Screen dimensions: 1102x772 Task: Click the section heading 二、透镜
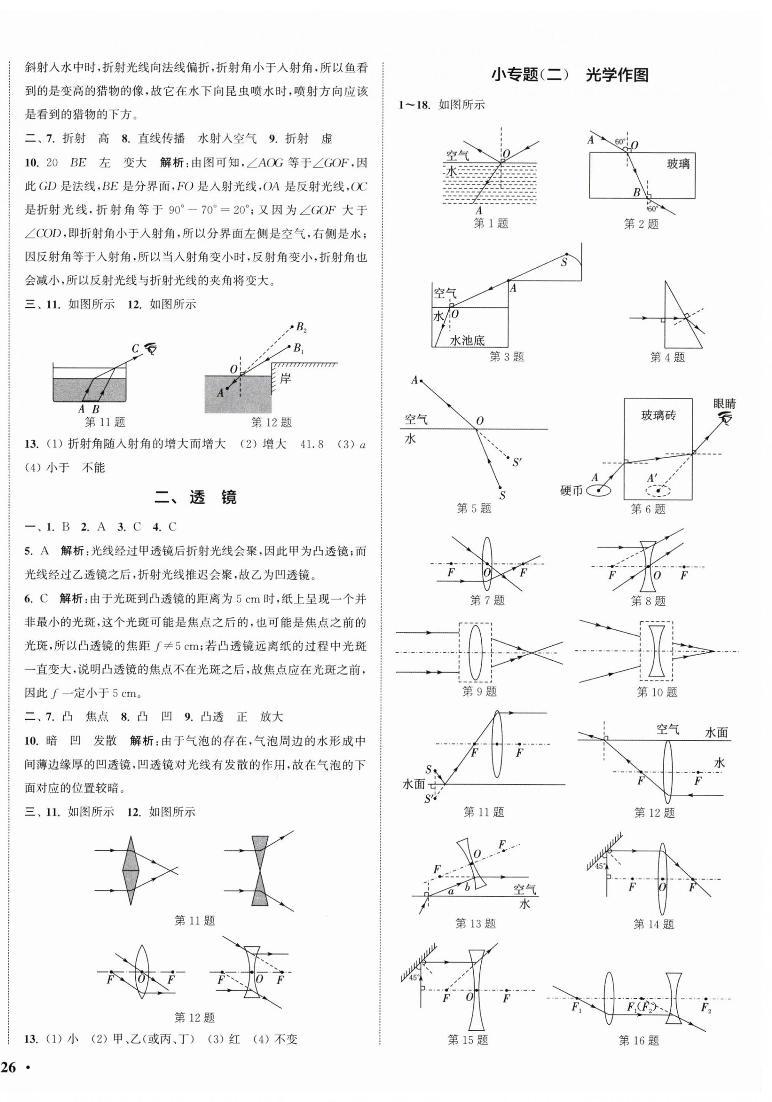coord(195,498)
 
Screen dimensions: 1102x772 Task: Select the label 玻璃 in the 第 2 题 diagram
coord(678,164)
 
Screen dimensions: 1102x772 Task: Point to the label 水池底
coord(467,340)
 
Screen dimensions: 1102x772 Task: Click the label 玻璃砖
coord(658,415)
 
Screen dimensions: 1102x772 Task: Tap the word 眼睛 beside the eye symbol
coord(724,404)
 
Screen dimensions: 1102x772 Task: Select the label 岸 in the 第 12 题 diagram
coord(285,379)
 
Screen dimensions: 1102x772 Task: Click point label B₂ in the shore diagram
coord(301,328)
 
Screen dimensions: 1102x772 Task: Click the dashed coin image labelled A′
coord(658,490)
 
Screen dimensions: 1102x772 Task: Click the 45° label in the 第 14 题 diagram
coord(599,866)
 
